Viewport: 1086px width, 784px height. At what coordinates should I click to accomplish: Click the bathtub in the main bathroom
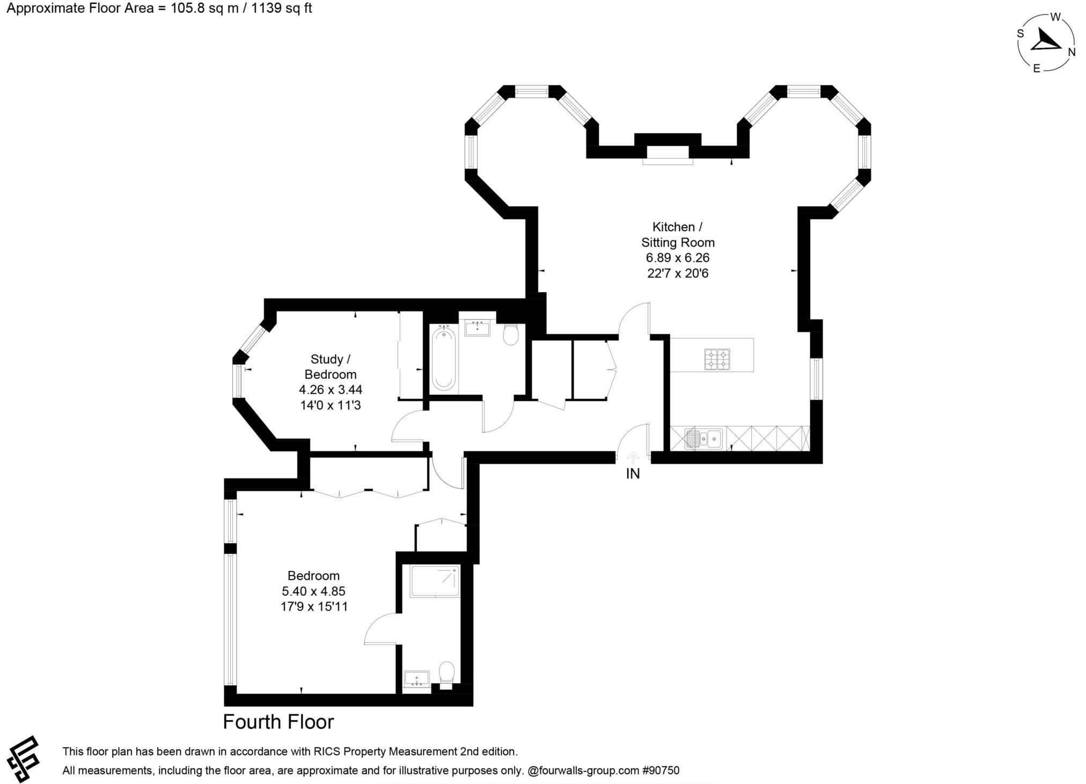click(444, 359)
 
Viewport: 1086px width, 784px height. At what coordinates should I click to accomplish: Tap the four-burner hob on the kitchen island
click(717, 359)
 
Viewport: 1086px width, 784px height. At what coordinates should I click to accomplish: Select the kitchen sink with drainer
click(703, 438)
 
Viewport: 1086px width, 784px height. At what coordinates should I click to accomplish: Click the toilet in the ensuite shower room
click(446, 674)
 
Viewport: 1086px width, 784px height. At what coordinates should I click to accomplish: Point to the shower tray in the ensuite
click(435, 581)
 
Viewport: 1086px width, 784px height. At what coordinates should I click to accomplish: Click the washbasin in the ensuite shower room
click(416, 679)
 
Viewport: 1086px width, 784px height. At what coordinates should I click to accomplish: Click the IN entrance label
click(633, 474)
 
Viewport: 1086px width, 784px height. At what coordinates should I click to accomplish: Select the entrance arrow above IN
click(633, 457)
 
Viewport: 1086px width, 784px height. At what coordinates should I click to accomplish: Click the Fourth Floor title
click(278, 722)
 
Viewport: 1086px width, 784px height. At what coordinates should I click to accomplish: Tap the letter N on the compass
click(1072, 52)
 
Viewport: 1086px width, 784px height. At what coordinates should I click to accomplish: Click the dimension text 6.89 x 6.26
click(678, 258)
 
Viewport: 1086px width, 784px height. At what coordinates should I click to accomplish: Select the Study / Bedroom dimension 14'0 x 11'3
click(330, 405)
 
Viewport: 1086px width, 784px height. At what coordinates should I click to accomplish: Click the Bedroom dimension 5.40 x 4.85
click(313, 591)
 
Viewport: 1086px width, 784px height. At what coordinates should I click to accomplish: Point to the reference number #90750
click(661, 771)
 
